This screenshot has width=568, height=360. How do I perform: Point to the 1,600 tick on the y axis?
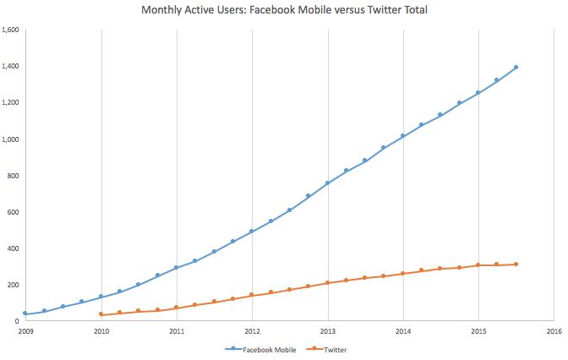pyautogui.click(x=11, y=30)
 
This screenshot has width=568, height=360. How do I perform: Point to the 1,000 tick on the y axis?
pyautogui.click(x=11, y=139)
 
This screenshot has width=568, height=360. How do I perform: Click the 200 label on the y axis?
pyautogui.click(x=14, y=285)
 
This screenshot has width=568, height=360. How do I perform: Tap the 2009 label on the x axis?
pyautogui.click(x=25, y=331)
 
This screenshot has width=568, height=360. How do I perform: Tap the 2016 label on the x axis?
pyautogui.click(x=554, y=331)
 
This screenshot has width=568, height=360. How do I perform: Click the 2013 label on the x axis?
pyautogui.click(x=327, y=331)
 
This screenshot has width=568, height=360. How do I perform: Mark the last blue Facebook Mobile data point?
pyautogui.click(x=516, y=68)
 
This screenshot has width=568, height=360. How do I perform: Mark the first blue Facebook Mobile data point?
pyautogui.click(x=25, y=314)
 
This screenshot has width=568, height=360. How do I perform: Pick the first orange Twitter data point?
pyautogui.click(x=101, y=314)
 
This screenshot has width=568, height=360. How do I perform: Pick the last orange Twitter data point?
pyautogui.click(x=516, y=265)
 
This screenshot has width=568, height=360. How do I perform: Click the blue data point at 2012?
pyautogui.click(x=252, y=231)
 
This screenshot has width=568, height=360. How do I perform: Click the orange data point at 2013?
pyautogui.click(x=327, y=282)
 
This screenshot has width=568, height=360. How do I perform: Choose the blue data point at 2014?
pyautogui.click(x=402, y=135)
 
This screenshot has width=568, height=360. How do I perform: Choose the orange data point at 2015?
pyautogui.click(x=478, y=265)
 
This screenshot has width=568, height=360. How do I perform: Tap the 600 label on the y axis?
pyautogui.click(x=14, y=212)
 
